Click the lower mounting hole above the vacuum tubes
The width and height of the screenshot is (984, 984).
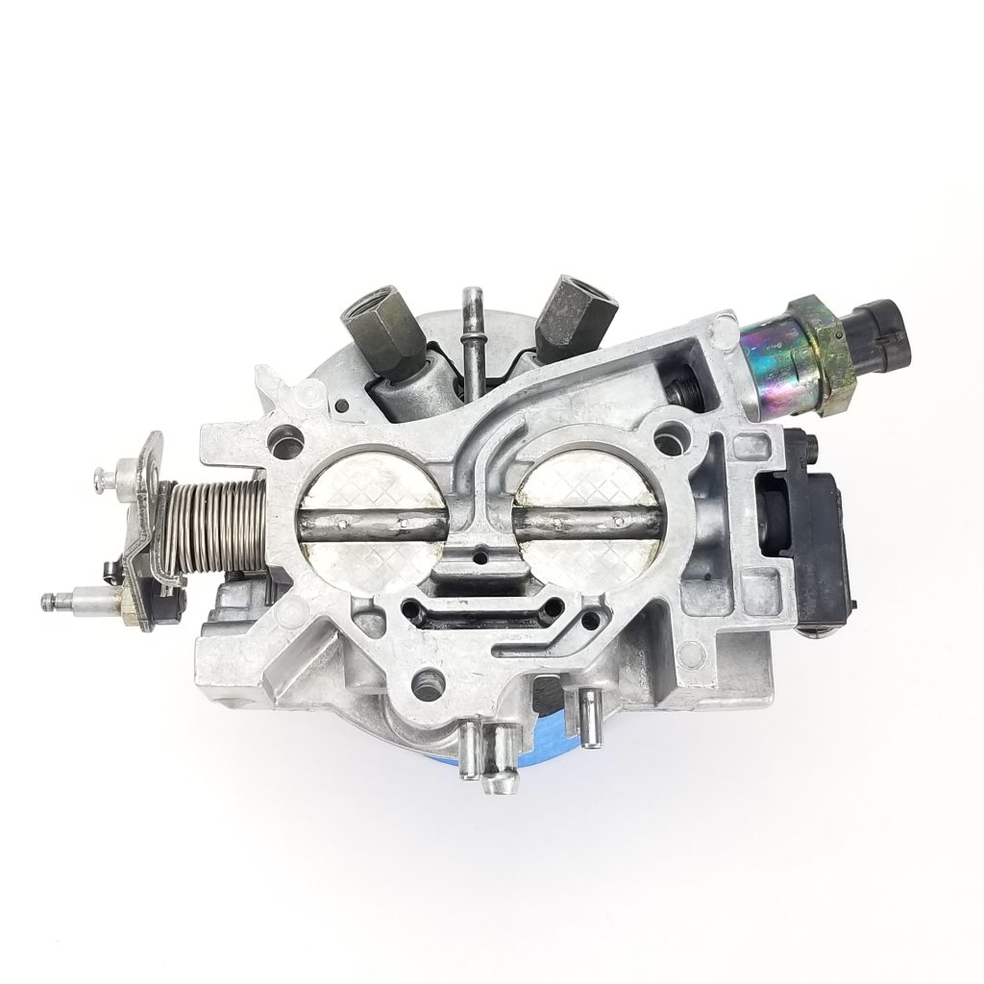pos(423,682)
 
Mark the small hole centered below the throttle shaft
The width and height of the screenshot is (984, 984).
pos(478,555)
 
